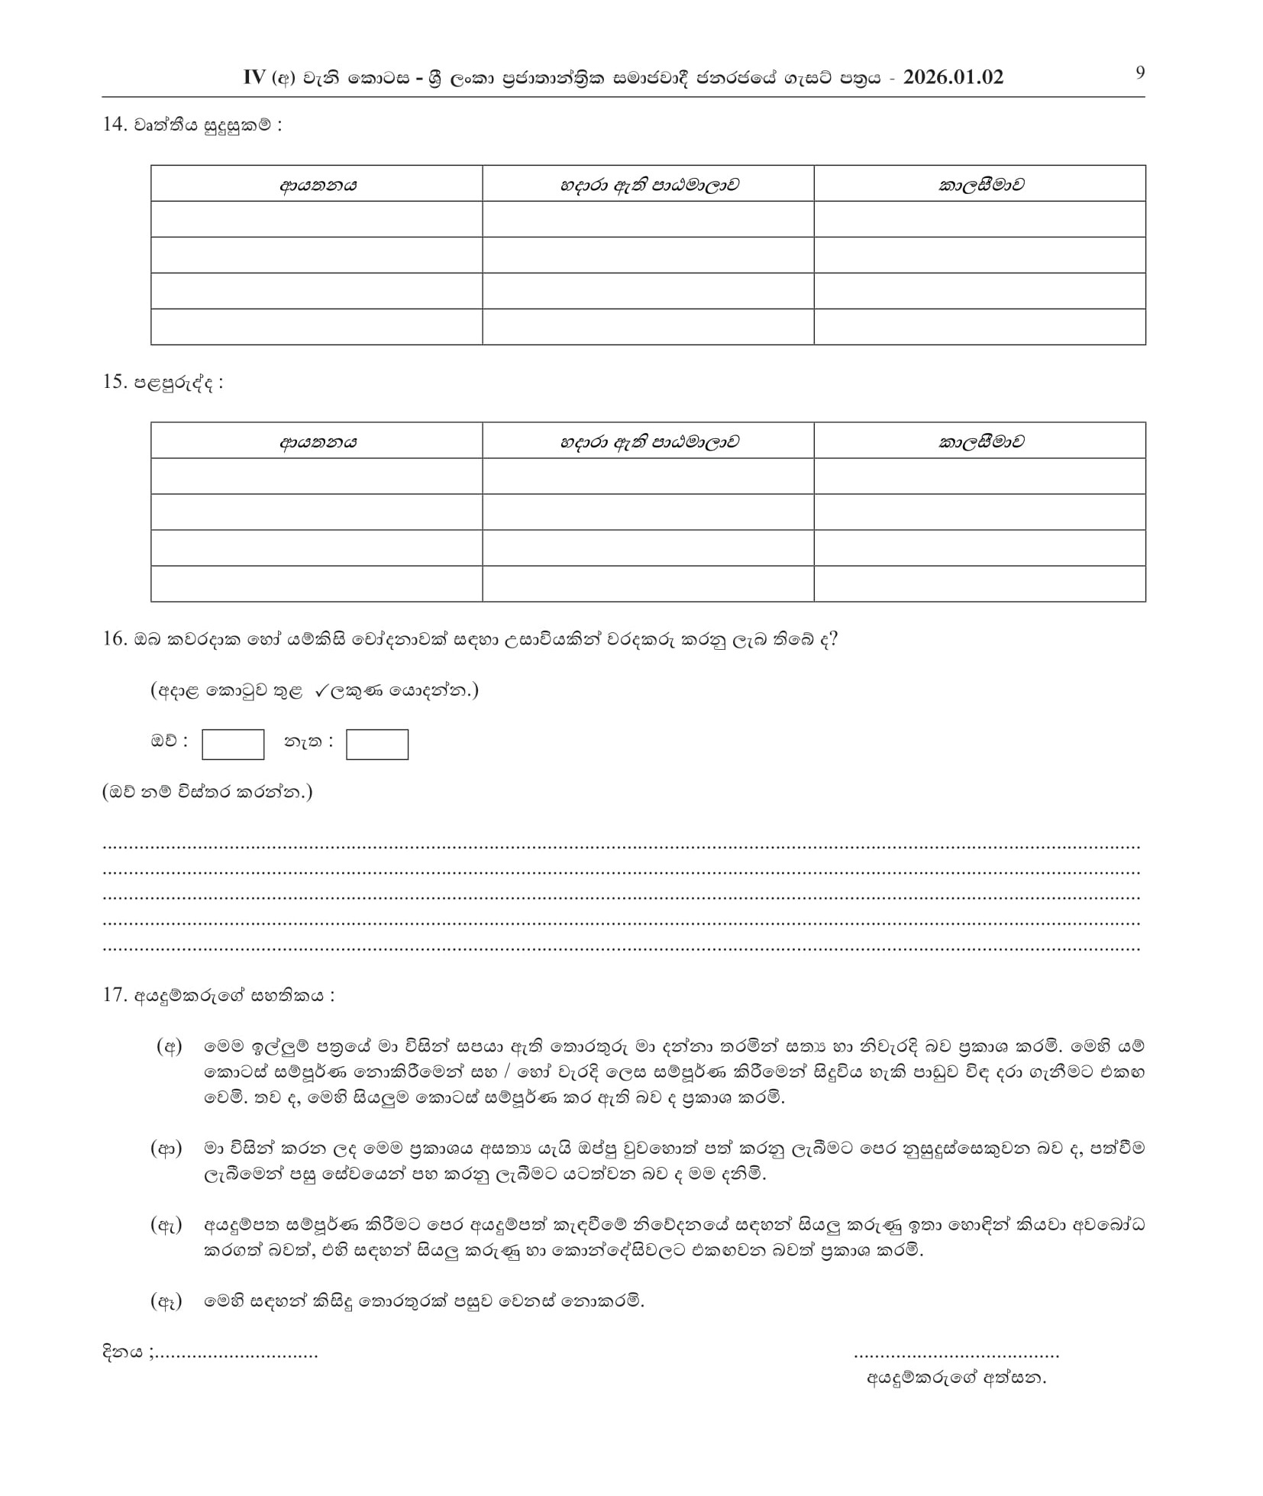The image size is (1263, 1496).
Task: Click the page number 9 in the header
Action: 1140,73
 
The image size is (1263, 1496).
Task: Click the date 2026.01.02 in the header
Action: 952,78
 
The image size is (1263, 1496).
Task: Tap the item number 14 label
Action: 115,124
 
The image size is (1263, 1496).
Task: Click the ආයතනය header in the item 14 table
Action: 317,184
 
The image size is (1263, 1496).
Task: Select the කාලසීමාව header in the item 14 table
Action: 980,184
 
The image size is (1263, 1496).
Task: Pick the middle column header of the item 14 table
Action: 648,184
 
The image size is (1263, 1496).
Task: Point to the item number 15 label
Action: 115,382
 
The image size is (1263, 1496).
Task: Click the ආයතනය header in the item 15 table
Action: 317,441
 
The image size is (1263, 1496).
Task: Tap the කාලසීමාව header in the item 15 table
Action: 980,441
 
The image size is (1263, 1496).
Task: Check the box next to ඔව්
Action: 233,745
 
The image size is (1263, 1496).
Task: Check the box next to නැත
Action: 377,745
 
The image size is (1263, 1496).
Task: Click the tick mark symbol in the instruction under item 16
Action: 321,690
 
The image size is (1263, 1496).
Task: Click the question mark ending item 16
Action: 833,638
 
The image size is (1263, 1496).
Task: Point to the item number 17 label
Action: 115,995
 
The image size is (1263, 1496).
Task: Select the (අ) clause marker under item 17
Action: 169,1047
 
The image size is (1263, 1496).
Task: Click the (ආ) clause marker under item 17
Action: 166,1149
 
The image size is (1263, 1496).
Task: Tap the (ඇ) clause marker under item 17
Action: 166,1226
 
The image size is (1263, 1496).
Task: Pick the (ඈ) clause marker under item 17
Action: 166,1301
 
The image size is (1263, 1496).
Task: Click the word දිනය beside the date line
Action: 122,1352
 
